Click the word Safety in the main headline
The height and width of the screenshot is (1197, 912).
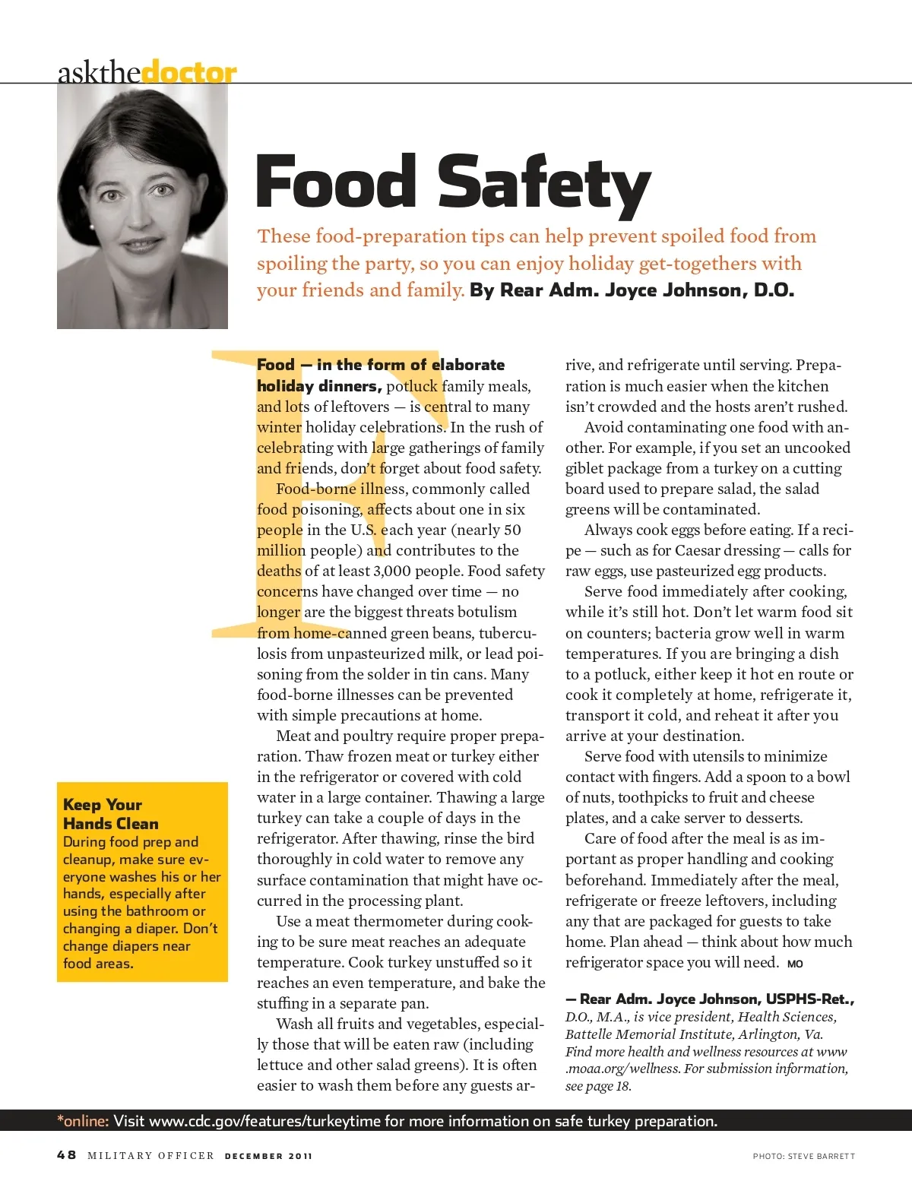click(x=544, y=182)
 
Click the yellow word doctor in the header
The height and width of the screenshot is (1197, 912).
click(x=188, y=73)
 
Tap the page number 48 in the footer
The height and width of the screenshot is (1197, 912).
click(x=67, y=1155)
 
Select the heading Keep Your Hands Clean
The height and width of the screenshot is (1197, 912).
click(x=111, y=814)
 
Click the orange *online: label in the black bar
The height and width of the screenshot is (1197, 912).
click(x=83, y=1121)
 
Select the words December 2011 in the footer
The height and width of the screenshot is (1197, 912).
click(x=268, y=1156)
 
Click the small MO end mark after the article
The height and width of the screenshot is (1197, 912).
click(x=795, y=964)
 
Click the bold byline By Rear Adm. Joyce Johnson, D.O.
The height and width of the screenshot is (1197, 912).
click(x=632, y=290)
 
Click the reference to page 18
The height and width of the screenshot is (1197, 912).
click(x=613, y=1086)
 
